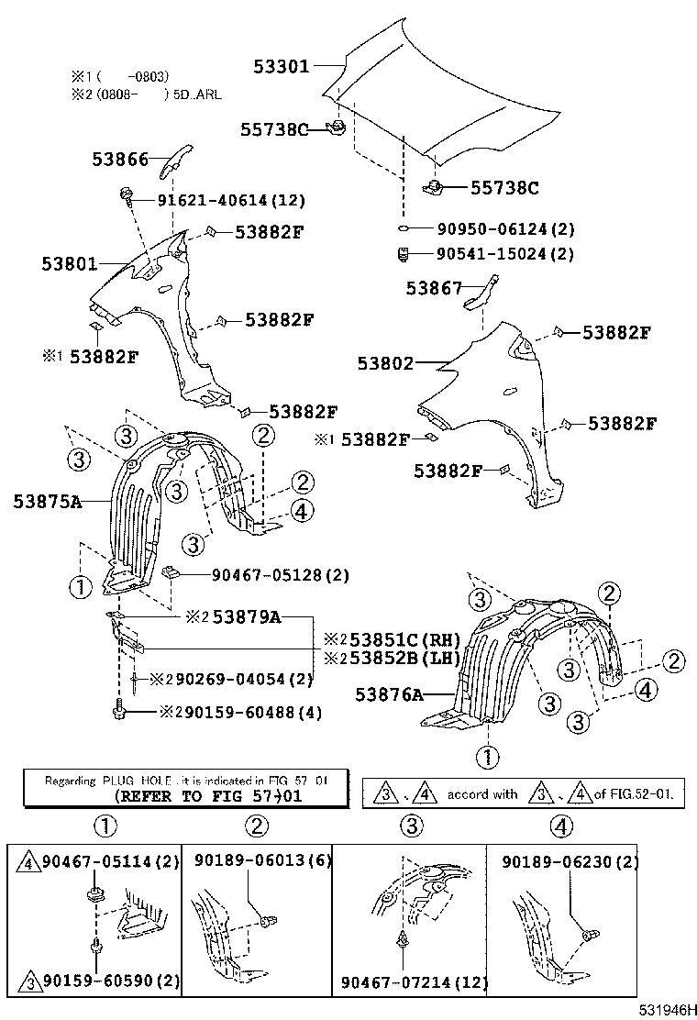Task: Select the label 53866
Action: [x=119, y=159]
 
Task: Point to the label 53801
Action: [x=69, y=264]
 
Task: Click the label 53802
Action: [x=385, y=363]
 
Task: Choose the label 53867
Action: [x=435, y=289]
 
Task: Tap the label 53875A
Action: [x=48, y=501]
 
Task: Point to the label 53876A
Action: [x=388, y=696]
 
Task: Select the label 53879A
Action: [x=246, y=617]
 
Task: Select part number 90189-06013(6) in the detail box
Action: [x=262, y=860]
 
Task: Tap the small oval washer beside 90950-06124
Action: [x=403, y=229]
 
